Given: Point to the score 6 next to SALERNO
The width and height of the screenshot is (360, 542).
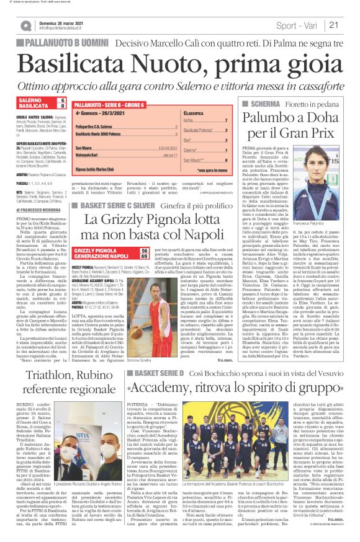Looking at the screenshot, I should coord(61,100).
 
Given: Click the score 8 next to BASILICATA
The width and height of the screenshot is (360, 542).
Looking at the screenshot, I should coord(61,106).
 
